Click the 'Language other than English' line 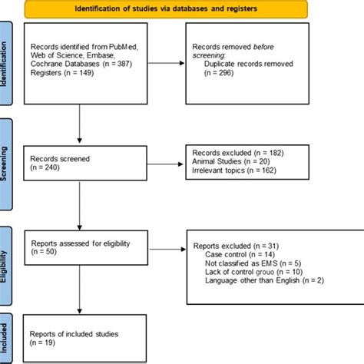[265, 280]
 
